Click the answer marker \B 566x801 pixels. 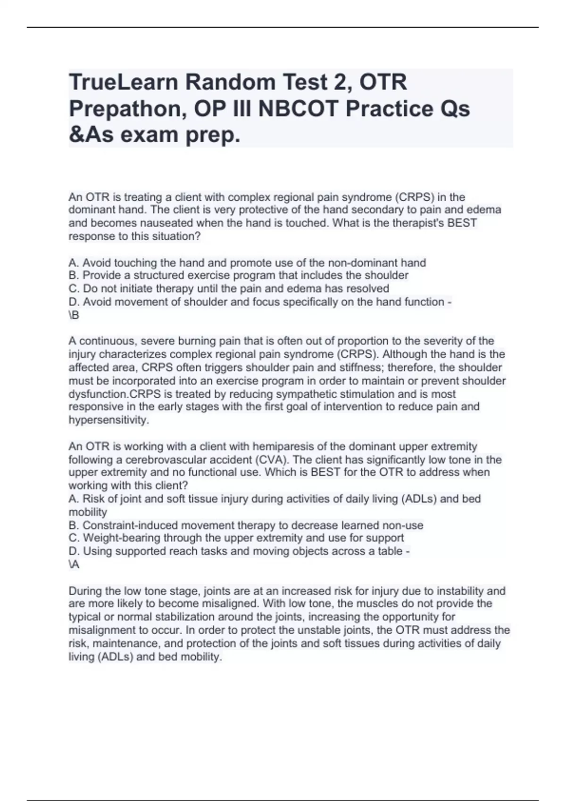point(74,315)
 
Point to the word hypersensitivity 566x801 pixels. point(108,420)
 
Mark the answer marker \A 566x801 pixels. point(74,564)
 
